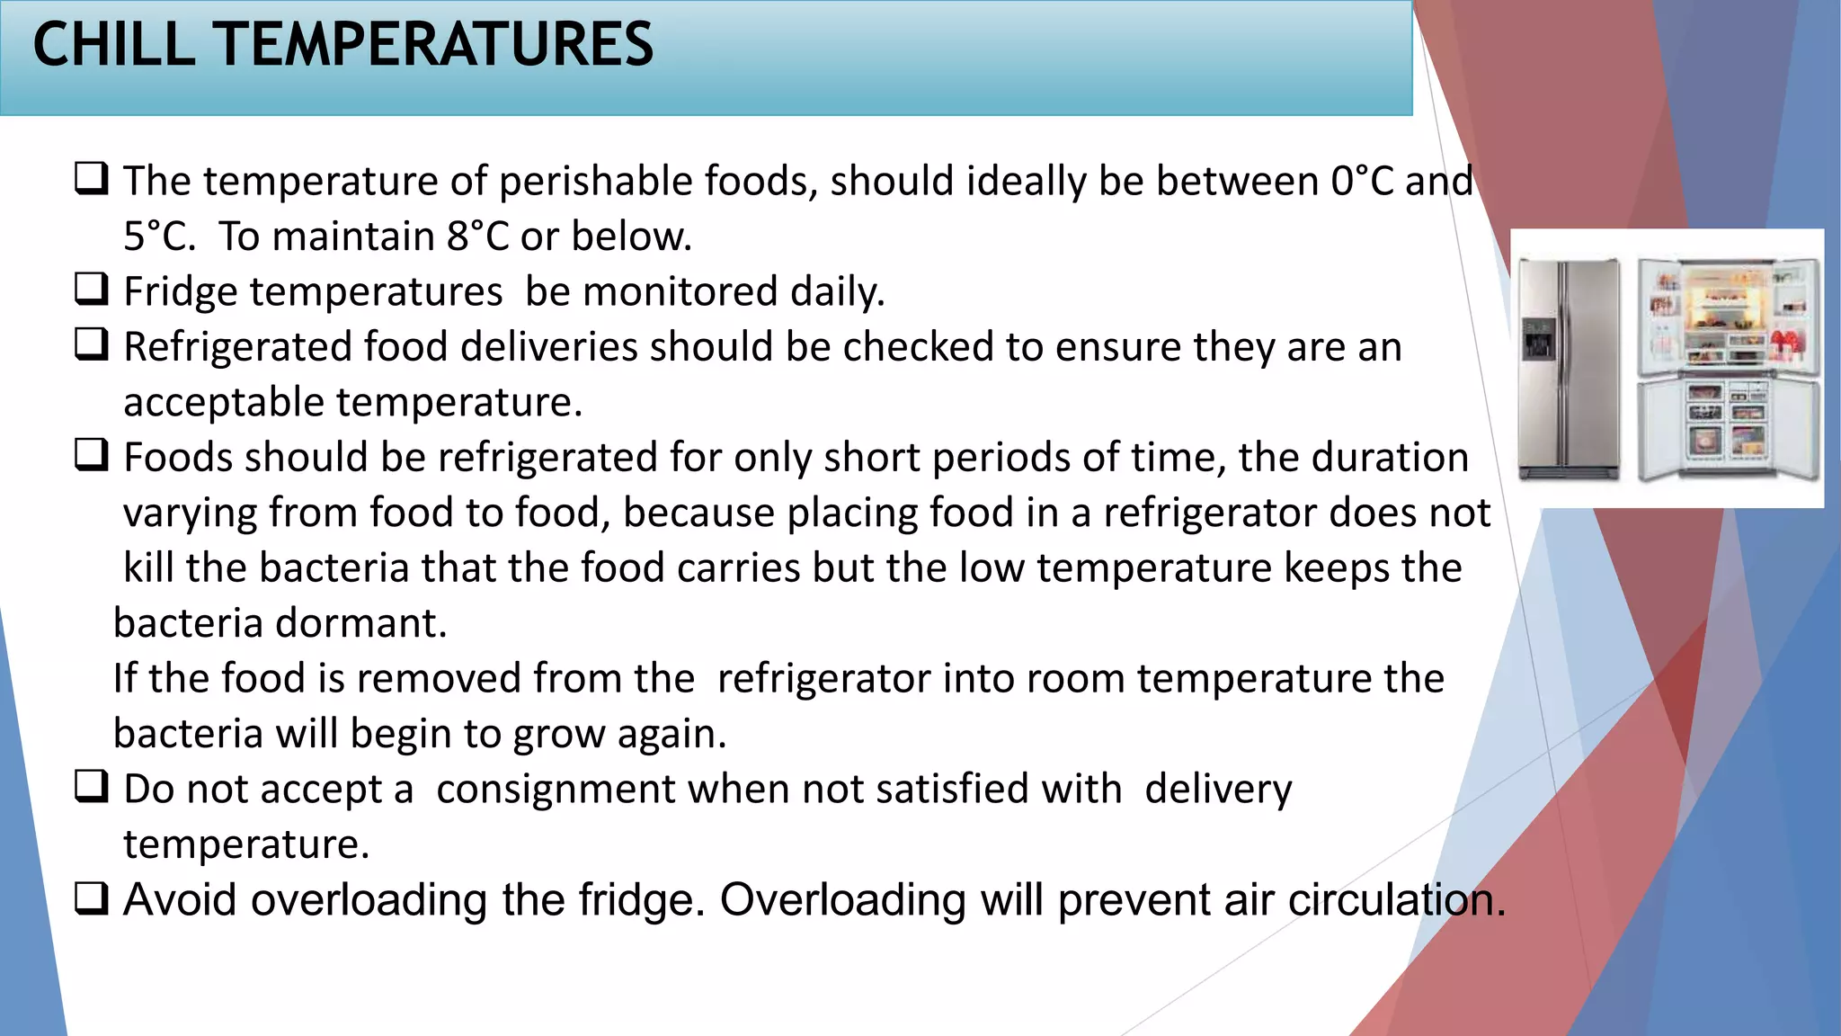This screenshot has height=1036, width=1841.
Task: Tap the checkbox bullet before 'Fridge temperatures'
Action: [91, 290]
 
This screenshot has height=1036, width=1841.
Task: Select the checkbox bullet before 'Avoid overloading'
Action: [91, 898]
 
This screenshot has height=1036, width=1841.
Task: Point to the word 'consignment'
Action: [556, 790]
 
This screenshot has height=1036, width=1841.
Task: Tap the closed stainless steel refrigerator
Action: [1569, 369]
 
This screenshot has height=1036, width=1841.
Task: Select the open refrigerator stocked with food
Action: [1727, 369]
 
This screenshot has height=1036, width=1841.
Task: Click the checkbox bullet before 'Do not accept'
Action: [91, 787]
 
